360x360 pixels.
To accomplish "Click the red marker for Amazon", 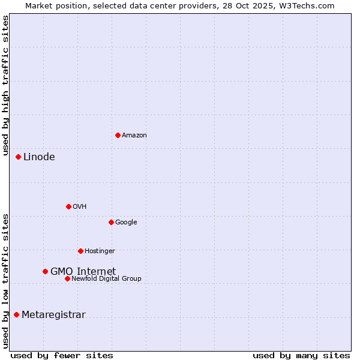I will point(118,135).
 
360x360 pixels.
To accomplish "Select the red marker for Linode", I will point(18,157).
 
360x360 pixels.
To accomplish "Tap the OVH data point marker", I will point(68,206).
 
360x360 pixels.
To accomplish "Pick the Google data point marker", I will point(111,222).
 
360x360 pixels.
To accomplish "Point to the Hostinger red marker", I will point(80,251).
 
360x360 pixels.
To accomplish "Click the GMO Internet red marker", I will point(45,271).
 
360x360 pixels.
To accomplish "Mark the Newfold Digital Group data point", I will point(67,278).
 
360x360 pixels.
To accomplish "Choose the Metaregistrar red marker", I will point(16,314).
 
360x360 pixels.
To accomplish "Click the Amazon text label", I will point(134,136).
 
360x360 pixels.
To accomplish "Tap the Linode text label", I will point(39,157).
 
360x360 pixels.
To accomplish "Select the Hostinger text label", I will point(100,251).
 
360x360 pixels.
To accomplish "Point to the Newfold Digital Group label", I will point(106,278).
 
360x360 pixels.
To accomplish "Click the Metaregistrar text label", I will point(53,315).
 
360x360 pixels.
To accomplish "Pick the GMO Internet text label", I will point(83,271).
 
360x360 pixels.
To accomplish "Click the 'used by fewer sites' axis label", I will point(62,355).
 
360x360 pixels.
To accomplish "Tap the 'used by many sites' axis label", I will point(301,355).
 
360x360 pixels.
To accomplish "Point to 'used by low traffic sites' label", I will point(6,281).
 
